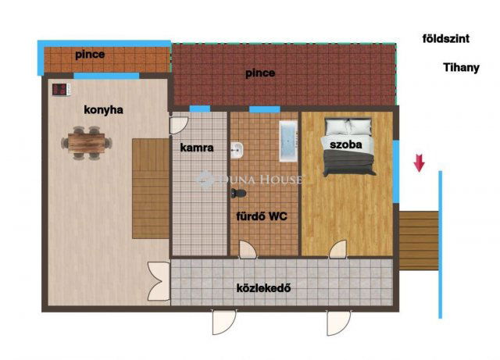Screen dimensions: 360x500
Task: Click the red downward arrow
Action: pyautogui.click(x=419, y=162)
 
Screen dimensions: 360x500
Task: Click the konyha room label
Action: pyautogui.click(x=103, y=110)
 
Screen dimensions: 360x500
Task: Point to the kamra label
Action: pyautogui.click(x=197, y=148)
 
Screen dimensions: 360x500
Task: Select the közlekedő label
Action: pyautogui.click(x=264, y=287)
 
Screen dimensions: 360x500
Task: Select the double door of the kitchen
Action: pyautogui.click(x=159, y=282)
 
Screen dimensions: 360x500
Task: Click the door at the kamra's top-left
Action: pyautogui.click(x=179, y=125)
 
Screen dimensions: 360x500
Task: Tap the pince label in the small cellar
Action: pyautogui.click(x=91, y=55)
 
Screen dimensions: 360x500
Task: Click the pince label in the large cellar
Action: pyautogui.click(x=259, y=74)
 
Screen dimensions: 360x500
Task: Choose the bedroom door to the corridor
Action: pyautogui.click(x=337, y=250)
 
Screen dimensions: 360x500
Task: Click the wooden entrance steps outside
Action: pyautogui.click(x=419, y=240)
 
